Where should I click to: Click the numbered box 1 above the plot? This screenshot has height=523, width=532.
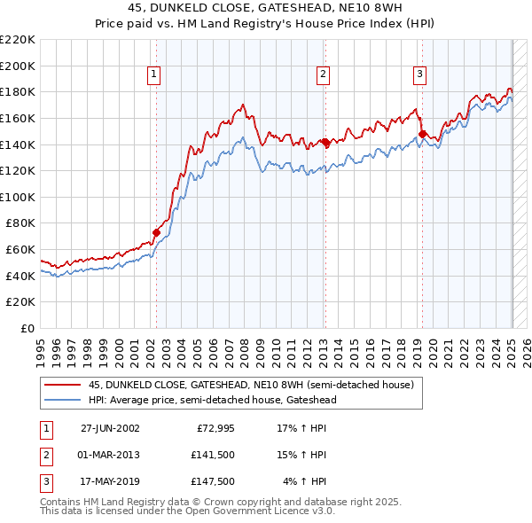(x=154, y=74)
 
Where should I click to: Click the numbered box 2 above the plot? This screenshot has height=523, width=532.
(x=323, y=74)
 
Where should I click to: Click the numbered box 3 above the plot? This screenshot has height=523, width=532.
(x=419, y=74)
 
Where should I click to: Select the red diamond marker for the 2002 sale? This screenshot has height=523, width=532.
(x=157, y=232)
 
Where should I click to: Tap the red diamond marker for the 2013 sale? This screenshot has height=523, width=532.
(x=325, y=142)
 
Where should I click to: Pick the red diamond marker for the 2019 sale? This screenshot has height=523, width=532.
(x=423, y=135)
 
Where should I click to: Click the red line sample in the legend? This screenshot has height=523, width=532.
(x=62, y=385)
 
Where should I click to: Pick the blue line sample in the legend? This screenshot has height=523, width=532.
(x=62, y=401)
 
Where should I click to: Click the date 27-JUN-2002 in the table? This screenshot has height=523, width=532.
(x=110, y=428)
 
